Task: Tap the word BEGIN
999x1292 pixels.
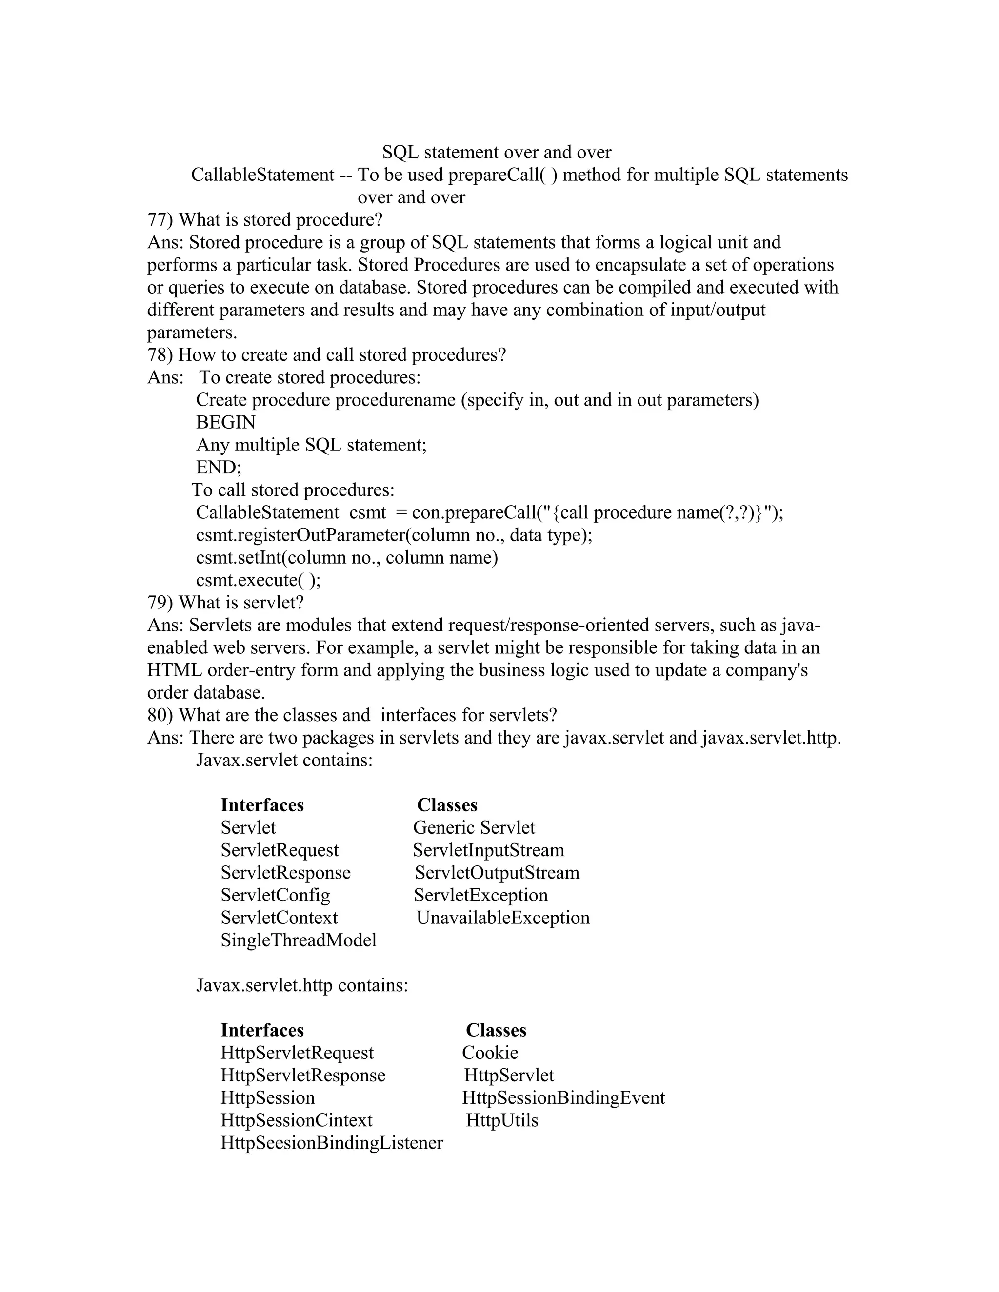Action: click(x=225, y=422)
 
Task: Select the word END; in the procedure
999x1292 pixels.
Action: click(x=219, y=468)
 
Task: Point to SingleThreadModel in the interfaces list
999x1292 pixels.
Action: click(x=298, y=940)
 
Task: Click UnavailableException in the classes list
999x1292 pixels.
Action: click(x=503, y=918)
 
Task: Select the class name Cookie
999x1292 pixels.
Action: click(x=490, y=1053)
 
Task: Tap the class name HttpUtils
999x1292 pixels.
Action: click(x=502, y=1120)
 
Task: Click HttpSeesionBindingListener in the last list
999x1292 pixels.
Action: click(x=331, y=1142)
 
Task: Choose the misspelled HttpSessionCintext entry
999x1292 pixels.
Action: click(x=297, y=1120)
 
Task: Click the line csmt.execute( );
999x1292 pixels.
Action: click(x=258, y=580)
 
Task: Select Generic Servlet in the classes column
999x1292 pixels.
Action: click(x=474, y=828)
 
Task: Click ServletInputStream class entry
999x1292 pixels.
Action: click(x=488, y=850)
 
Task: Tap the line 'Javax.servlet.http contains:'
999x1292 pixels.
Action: click(x=302, y=985)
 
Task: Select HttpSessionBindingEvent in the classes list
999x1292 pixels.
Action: click(x=563, y=1097)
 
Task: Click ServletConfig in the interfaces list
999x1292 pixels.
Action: click(x=275, y=895)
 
